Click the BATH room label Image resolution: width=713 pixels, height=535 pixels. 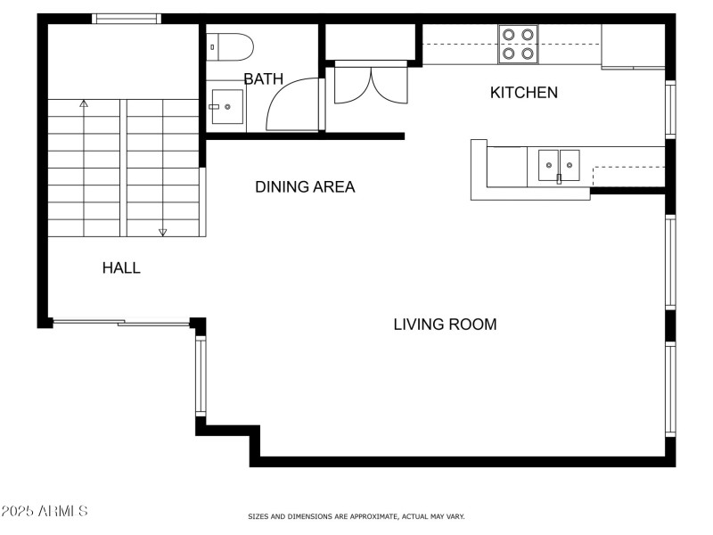click(x=263, y=78)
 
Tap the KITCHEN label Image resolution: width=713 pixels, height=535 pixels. click(x=524, y=93)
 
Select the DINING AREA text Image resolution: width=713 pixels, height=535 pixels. click(x=305, y=186)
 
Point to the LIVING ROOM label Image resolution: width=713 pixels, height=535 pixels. click(x=445, y=325)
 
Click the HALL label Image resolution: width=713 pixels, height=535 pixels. click(x=121, y=267)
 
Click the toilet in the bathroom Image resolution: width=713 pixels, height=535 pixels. click(x=230, y=47)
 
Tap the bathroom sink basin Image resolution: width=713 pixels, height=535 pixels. click(x=227, y=107)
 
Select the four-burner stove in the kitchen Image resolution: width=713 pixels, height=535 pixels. click(x=518, y=44)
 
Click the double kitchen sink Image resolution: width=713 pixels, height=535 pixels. click(x=559, y=165)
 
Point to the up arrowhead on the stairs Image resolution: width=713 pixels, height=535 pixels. click(x=84, y=103)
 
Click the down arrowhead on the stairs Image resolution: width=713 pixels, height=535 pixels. click(x=162, y=233)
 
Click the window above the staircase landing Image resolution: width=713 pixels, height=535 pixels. click(x=127, y=19)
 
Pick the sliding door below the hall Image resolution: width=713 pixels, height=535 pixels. click(x=121, y=323)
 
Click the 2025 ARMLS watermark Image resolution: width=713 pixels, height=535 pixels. click(x=44, y=511)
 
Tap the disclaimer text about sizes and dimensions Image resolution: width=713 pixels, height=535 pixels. click(x=356, y=516)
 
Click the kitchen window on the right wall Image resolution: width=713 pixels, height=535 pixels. click(x=670, y=109)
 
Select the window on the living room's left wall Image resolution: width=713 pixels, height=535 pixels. click(x=201, y=375)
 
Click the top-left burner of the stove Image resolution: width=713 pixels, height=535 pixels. click(x=509, y=35)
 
